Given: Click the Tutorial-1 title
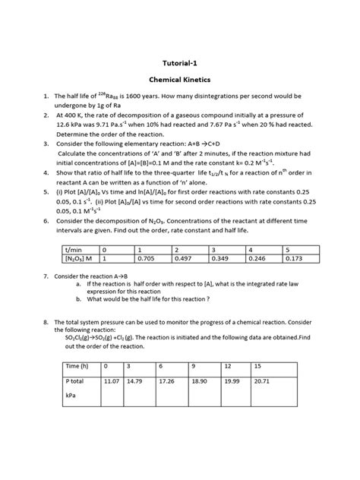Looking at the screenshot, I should coord(179,65).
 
